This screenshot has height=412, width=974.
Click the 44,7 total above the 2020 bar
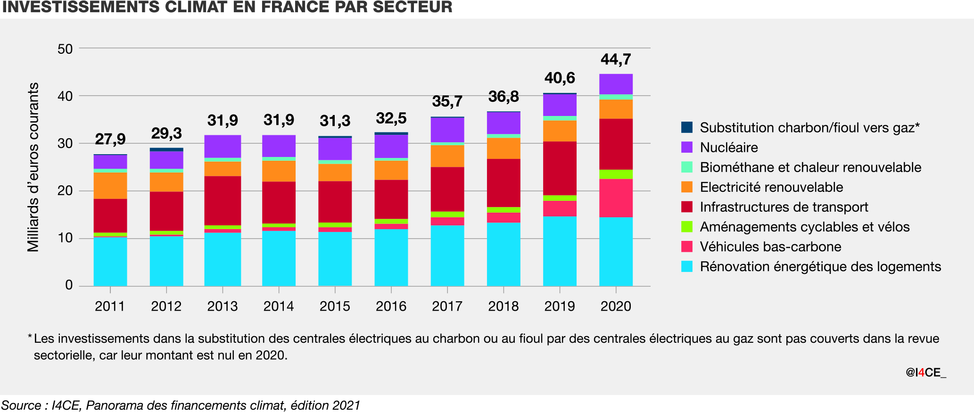pyautogui.click(x=616, y=59)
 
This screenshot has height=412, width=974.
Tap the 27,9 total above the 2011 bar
pyautogui.click(x=110, y=139)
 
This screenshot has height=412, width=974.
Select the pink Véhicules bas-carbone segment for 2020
pyautogui.click(x=616, y=198)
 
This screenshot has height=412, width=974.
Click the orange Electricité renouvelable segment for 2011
pyautogui.click(x=110, y=186)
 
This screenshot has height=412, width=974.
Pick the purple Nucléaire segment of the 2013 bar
pyautogui.click(x=223, y=147)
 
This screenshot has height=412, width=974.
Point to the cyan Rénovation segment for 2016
pyautogui.click(x=391, y=257)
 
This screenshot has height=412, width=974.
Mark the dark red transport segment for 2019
pyautogui.click(x=560, y=168)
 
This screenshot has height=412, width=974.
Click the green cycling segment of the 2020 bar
pyautogui.click(x=616, y=174)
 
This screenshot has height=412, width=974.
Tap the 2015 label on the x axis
pyautogui.click(x=335, y=306)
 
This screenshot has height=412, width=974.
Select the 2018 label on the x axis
pyautogui.click(x=504, y=306)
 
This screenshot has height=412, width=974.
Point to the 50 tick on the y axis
pyautogui.click(x=65, y=49)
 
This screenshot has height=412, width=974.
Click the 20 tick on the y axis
pyautogui.click(x=65, y=191)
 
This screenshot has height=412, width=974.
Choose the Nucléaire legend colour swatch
pyautogui.click(x=687, y=147)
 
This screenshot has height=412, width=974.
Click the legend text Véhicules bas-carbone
pyautogui.click(x=770, y=247)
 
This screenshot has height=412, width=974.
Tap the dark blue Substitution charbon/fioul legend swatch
pyautogui.click(x=687, y=127)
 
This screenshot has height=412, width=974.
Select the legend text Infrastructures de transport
pyautogui.click(x=784, y=207)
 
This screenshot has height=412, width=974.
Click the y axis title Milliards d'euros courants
pyautogui.click(x=33, y=167)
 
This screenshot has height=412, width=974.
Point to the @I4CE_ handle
pyautogui.click(x=925, y=372)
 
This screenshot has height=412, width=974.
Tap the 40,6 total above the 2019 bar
pyautogui.click(x=560, y=78)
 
